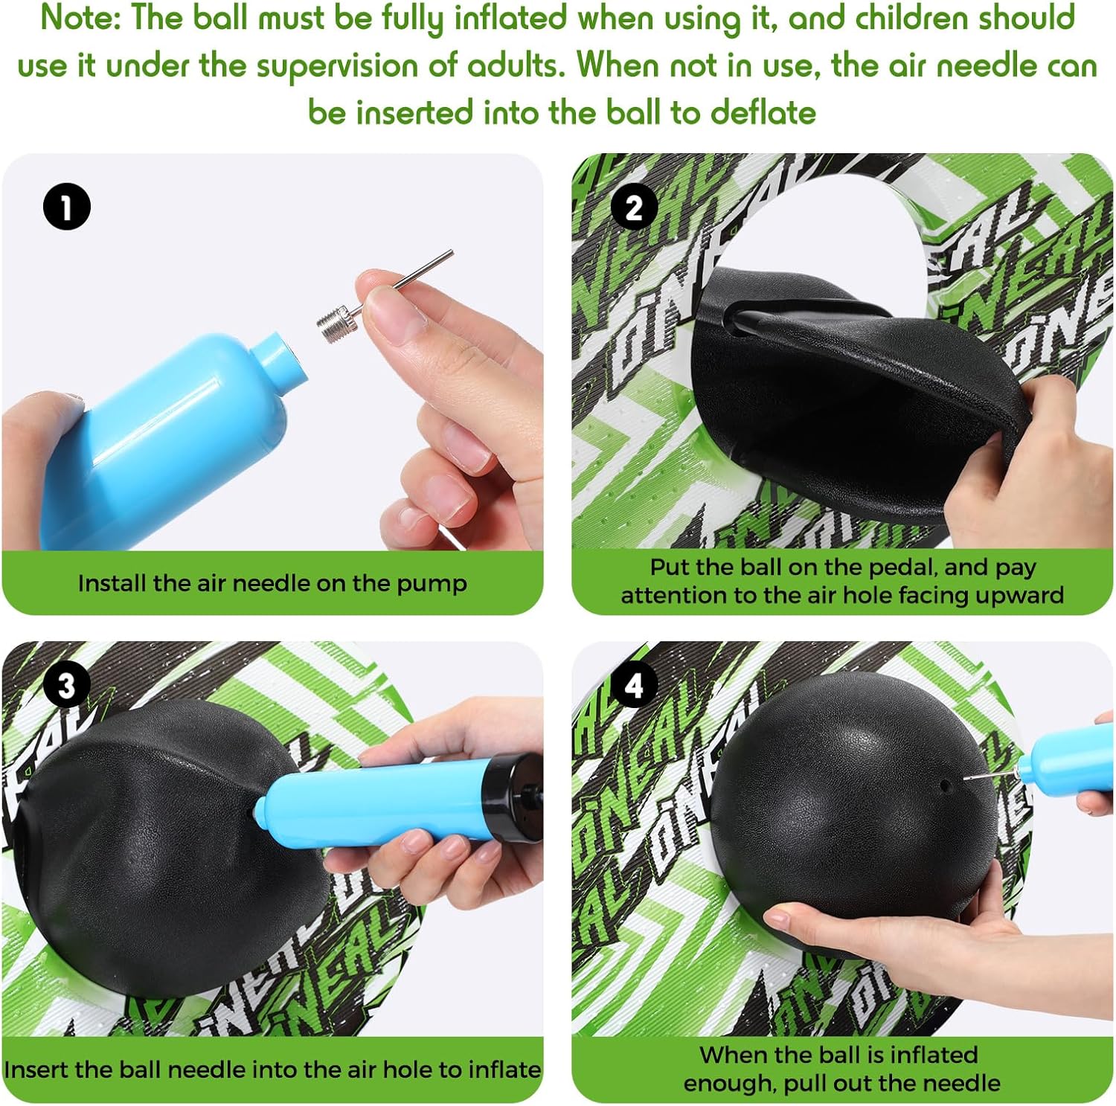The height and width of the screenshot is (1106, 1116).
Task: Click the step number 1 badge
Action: [67, 207]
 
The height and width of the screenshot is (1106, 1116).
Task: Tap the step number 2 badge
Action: [634, 207]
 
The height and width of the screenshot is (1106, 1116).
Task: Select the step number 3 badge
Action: [67, 685]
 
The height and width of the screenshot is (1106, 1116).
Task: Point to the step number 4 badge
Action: [634, 685]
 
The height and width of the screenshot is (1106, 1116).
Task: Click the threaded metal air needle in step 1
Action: [383, 297]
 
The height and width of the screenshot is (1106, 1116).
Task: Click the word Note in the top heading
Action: [80, 19]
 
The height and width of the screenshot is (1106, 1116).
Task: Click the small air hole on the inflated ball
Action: [944, 784]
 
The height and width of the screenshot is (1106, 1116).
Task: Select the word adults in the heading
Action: [516, 65]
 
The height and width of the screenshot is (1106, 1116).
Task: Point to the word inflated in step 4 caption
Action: [933, 1055]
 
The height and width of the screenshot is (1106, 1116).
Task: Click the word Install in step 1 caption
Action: [112, 584]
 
